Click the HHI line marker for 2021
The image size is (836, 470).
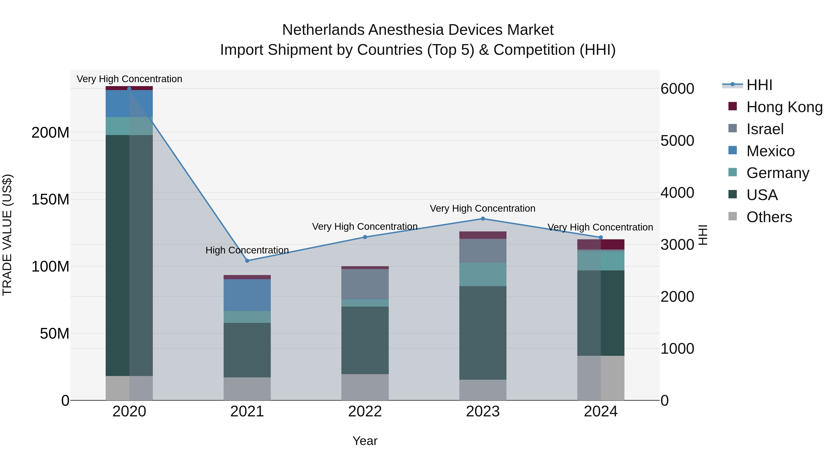[x=247, y=261]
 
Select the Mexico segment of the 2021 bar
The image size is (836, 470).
[x=247, y=295]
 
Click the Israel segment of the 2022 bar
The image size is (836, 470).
[x=365, y=284]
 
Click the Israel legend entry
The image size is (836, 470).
[x=765, y=129]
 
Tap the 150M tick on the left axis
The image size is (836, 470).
[x=50, y=199]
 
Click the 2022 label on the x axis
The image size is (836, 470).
[x=365, y=412]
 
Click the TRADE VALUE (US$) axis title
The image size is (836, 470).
[x=7, y=235]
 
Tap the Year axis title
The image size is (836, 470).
[x=365, y=441]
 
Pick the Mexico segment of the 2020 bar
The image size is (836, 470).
[x=129, y=104]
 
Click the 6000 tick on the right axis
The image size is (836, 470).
[x=677, y=89]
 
